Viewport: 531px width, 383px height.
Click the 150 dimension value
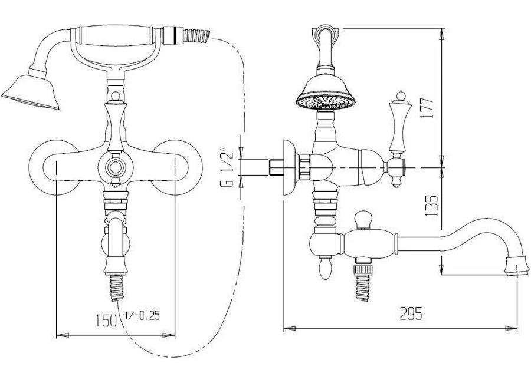pyautogui.click(x=106, y=320)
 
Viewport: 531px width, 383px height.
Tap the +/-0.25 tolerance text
pyautogui.click(x=142, y=315)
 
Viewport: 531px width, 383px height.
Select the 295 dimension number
pyautogui.click(x=411, y=313)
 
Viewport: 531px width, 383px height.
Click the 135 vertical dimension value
pyautogui.click(x=431, y=206)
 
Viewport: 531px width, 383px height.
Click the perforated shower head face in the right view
pyautogui.click(x=325, y=101)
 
